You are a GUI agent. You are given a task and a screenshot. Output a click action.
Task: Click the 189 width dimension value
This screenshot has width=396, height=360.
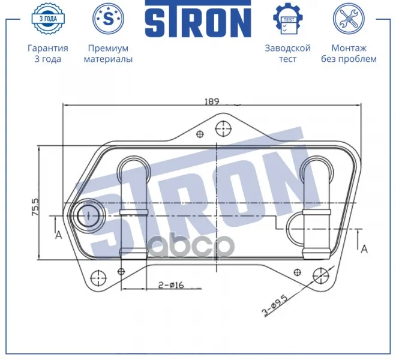coord(212,101)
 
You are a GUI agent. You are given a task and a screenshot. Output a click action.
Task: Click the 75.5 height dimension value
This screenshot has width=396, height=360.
coord(35,206)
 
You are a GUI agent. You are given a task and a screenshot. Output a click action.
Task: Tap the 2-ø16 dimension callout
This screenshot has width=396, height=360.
coord(171,285)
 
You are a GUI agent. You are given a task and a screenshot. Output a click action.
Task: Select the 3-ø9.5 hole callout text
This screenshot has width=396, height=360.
coord(275,305)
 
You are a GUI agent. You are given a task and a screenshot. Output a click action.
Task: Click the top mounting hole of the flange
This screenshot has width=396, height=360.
coord(223,128)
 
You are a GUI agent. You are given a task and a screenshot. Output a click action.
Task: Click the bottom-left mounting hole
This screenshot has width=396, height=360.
coord(98,277)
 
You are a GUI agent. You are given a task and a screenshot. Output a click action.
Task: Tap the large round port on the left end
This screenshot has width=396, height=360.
coord(88,216)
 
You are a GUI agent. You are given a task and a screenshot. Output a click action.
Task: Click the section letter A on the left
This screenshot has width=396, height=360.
coord(58,235)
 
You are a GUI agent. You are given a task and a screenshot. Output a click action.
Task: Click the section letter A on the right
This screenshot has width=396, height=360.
coord(364,249)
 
